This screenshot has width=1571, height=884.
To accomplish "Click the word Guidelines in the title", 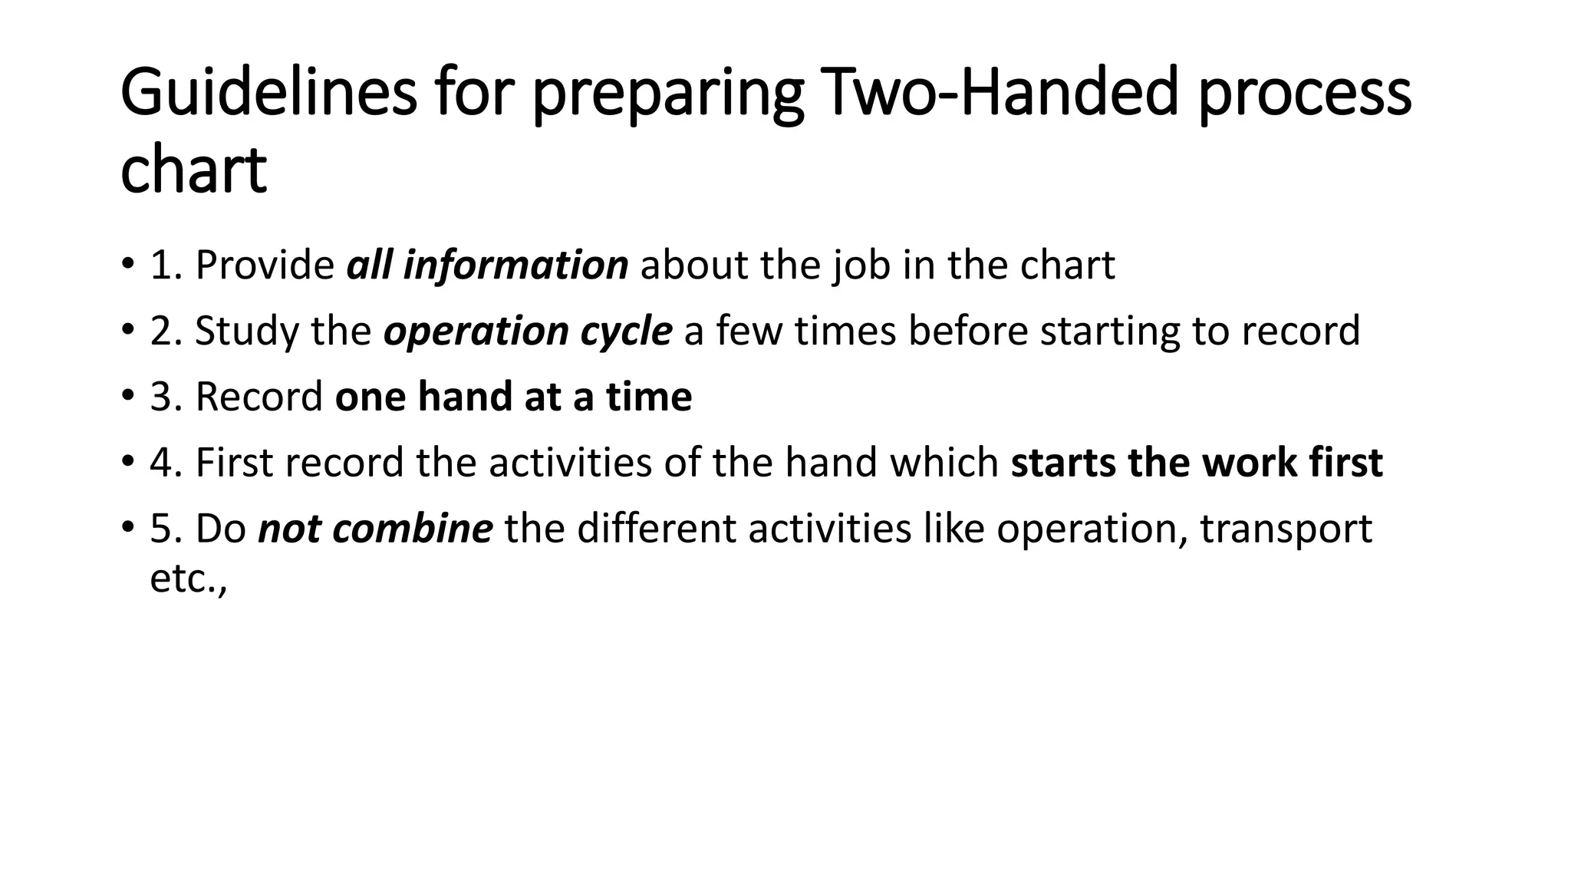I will coord(268,93).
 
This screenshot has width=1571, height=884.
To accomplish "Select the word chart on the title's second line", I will coord(193,170).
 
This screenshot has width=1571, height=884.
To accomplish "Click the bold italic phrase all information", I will coord(487,266).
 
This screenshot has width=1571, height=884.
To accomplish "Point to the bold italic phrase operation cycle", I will coord(528,331).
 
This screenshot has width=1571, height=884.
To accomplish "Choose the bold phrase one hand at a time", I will coord(513,397).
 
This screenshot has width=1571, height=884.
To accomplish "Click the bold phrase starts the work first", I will coord(1197,463).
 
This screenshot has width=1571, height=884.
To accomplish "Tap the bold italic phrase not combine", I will coord(375,529).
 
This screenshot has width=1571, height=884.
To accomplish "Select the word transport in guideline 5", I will coord(1286,529).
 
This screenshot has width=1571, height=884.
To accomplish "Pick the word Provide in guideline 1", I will coord(265,266).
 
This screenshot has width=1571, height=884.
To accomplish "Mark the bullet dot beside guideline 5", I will coord(127,529).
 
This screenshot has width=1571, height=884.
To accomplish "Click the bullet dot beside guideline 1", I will coord(127,266).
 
